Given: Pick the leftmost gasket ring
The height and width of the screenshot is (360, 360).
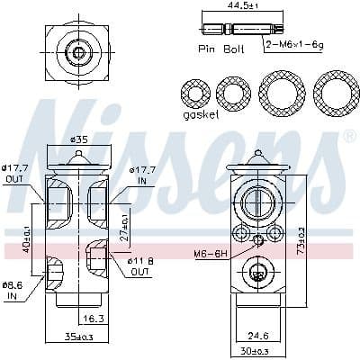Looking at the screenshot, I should point(195,94).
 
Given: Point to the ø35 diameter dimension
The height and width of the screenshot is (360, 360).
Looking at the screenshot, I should point(79,140).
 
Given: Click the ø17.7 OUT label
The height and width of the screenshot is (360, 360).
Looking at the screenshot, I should point(14,173).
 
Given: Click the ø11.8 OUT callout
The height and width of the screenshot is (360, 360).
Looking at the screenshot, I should point(140,265).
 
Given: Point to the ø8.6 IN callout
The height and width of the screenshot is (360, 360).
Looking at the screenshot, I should point(13,289).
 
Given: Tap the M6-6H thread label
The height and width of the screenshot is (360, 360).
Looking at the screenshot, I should point(209,253).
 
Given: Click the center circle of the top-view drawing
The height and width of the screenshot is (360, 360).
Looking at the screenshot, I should point(78,53).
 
